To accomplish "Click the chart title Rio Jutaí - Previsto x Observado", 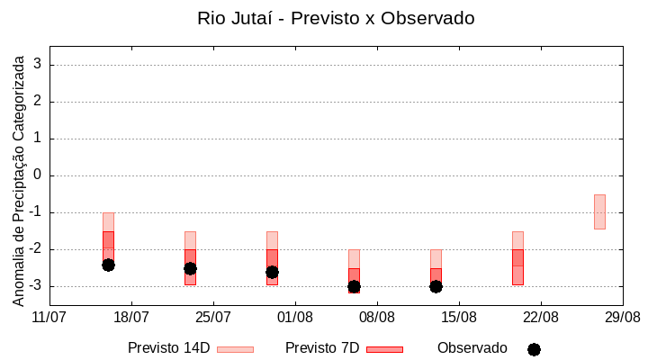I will coord(336,18).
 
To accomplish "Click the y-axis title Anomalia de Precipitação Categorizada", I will coord(19,178).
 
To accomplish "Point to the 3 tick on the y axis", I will coord(38,65).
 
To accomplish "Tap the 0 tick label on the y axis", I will coord(38,175).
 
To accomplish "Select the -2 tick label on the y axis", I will coord(35,249).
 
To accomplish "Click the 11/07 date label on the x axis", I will coord(49,318).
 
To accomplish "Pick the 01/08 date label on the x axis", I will coord(295,318).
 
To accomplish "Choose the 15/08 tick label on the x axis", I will coord(459,318).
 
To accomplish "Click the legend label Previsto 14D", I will coord(168,348).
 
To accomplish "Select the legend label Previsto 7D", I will coord(322,348).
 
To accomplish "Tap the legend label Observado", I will coord(472,348).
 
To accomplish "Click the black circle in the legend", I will coord(534,349).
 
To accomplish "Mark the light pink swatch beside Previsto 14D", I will coord(235,349).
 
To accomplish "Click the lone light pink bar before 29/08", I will coord(599,211).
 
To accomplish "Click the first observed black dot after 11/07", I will coord(108,265).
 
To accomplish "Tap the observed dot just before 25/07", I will coord(190,268).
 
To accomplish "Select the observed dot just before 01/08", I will coord(272,272).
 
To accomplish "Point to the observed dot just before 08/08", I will coord(354,286).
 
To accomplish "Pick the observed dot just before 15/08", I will coord(436,286).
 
